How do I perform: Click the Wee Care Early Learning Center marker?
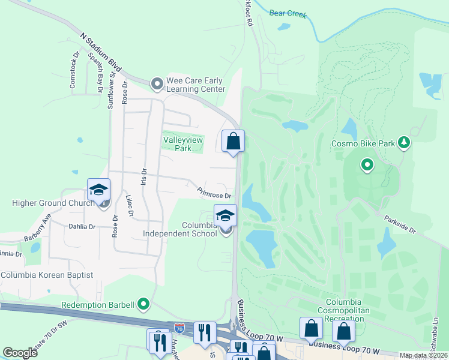(x=157, y=83)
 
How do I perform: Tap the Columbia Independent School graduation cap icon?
(x=225, y=215)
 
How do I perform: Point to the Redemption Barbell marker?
(x=143, y=305)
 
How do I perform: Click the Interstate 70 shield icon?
(x=179, y=328)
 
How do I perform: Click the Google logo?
(x=20, y=353)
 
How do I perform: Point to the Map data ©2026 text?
(x=423, y=355)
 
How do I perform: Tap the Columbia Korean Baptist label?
(x=47, y=275)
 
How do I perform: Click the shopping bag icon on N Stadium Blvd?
(x=234, y=142)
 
